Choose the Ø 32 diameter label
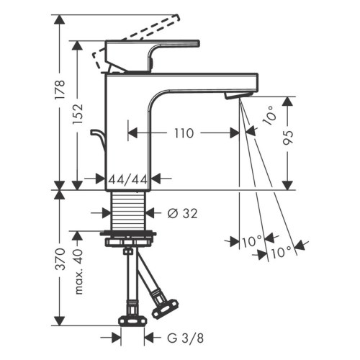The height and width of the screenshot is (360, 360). coord(183,213)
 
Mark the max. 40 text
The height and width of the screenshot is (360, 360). coord(81,274)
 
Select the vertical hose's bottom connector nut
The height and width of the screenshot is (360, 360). coord(131,320)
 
